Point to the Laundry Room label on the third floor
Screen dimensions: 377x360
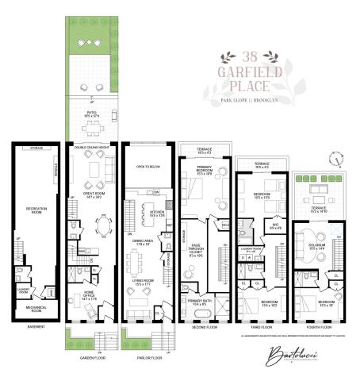click(x=252, y=251)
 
